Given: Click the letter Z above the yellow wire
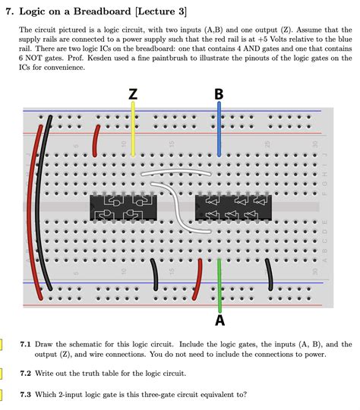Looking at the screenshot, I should tap(133, 94).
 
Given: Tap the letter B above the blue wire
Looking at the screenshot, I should tap(219, 94).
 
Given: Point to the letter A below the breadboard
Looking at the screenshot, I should tap(219, 320).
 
